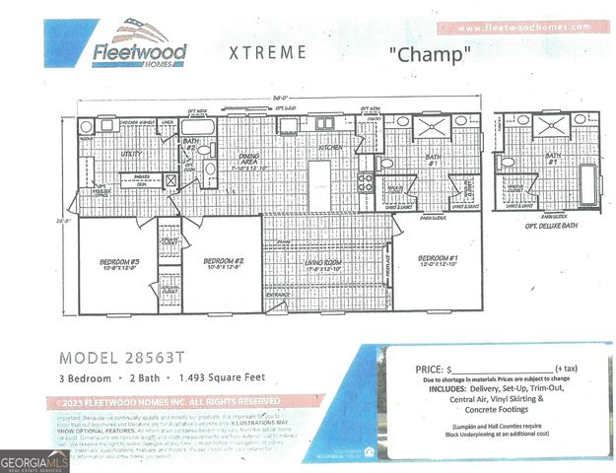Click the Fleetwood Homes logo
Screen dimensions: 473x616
[139, 45]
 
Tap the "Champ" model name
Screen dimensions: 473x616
[427, 54]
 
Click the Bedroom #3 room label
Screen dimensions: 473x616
[119, 263]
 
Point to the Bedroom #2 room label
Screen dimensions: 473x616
[223, 263]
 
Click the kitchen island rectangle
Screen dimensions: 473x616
[319, 181]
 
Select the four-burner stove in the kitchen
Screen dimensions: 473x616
[365, 181]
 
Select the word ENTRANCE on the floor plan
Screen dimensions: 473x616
[279, 294]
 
